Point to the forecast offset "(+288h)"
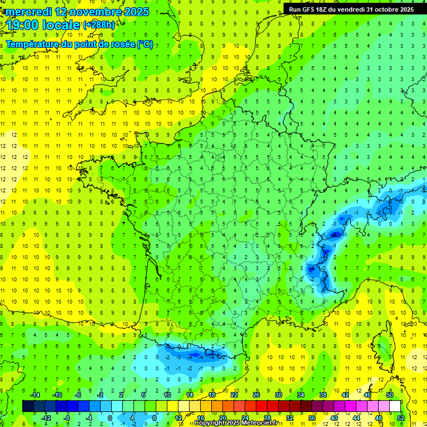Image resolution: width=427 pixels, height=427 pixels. click(x=99, y=26)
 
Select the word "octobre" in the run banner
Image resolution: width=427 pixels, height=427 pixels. click(x=383, y=9)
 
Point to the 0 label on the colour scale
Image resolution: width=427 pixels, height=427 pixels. click(x=110, y=418)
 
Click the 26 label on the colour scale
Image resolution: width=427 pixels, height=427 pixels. click(x=256, y=395)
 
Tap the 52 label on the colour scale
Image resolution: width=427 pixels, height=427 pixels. click(x=401, y=418)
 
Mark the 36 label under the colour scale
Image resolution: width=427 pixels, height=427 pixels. click(x=311, y=418)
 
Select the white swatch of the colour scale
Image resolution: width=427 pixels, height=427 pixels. click(x=395, y=406)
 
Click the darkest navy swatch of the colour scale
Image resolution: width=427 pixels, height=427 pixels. click(x=28, y=406)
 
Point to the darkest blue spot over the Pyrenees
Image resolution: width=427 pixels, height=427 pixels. click(x=195, y=354)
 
